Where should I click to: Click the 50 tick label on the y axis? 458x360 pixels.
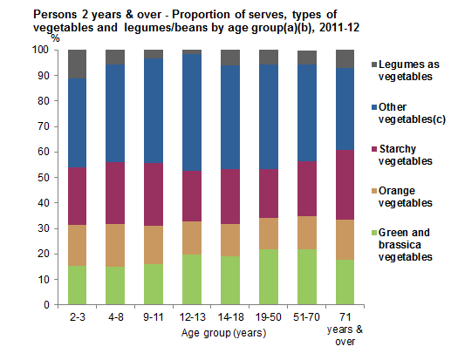tap(38, 178)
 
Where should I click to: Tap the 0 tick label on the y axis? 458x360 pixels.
tap(41, 305)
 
